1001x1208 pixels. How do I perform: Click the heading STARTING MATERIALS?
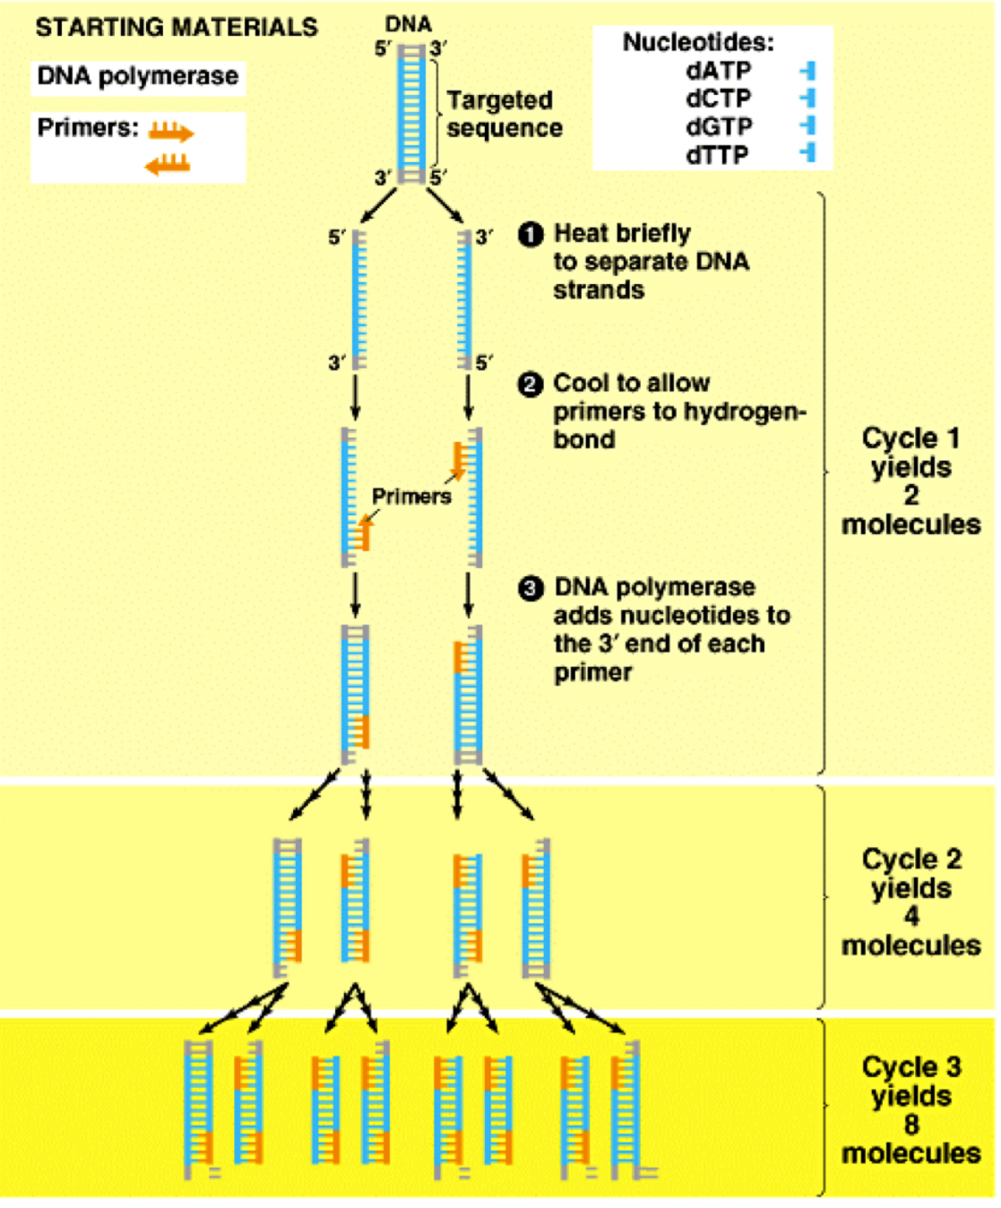click(x=177, y=28)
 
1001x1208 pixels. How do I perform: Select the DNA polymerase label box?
click(x=138, y=77)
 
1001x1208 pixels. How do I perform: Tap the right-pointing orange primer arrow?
click(x=171, y=134)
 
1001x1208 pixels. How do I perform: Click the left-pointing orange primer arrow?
click(x=168, y=164)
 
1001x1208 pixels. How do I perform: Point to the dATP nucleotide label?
click(x=719, y=71)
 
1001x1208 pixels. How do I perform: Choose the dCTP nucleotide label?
click(x=719, y=99)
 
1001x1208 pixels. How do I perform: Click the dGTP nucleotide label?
click(x=719, y=127)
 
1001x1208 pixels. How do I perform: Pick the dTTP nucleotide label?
click(x=717, y=155)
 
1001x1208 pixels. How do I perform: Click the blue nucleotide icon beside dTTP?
click(x=808, y=153)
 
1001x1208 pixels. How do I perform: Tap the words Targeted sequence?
click(x=504, y=114)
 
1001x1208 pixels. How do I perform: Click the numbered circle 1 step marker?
click(x=531, y=235)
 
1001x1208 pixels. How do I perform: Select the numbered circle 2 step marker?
click(x=531, y=384)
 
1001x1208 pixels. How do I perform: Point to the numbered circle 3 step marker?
click(x=531, y=589)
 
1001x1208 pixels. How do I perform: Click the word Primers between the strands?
click(x=411, y=496)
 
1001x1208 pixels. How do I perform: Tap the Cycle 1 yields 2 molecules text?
click(x=910, y=481)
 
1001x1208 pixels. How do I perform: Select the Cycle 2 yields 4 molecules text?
click(x=910, y=902)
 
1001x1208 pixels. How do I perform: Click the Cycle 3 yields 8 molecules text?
click(x=910, y=1109)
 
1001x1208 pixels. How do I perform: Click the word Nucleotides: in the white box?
click(x=698, y=42)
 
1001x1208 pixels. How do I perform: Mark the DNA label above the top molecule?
click(x=409, y=24)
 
